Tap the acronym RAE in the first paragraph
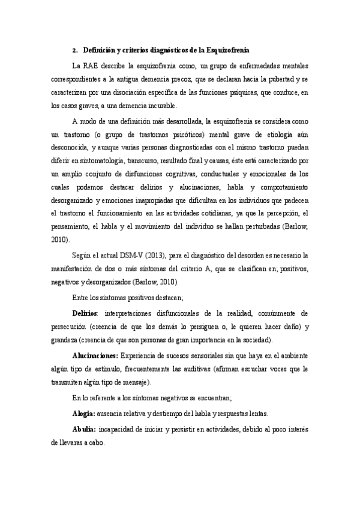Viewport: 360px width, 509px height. (90, 65)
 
